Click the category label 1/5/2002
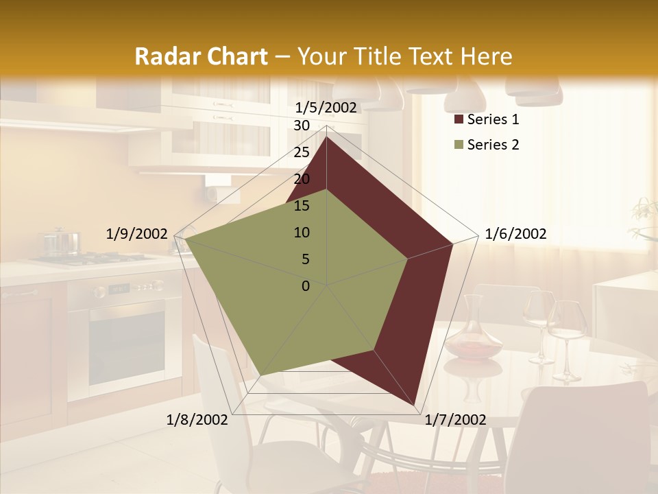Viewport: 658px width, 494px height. (326, 107)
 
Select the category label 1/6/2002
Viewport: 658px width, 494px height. (515, 234)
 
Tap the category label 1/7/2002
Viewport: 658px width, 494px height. (455, 420)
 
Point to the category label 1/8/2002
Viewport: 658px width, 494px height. (197, 420)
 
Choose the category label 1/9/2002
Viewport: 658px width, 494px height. (136, 234)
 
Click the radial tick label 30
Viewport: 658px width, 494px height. (302, 126)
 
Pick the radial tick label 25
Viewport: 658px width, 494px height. (302, 152)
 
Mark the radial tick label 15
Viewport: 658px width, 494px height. (302, 206)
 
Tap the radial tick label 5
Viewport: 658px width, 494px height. (305, 259)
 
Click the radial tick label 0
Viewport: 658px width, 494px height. (306, 286)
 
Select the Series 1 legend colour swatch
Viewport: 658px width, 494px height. (458, 120)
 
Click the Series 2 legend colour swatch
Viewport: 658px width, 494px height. (458, 145)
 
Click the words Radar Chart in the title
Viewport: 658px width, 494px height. (201, 57)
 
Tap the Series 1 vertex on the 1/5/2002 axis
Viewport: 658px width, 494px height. (326, 137)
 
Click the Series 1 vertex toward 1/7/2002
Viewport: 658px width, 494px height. (415, 404)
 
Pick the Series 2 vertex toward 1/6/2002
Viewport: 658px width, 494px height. (408, 259)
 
